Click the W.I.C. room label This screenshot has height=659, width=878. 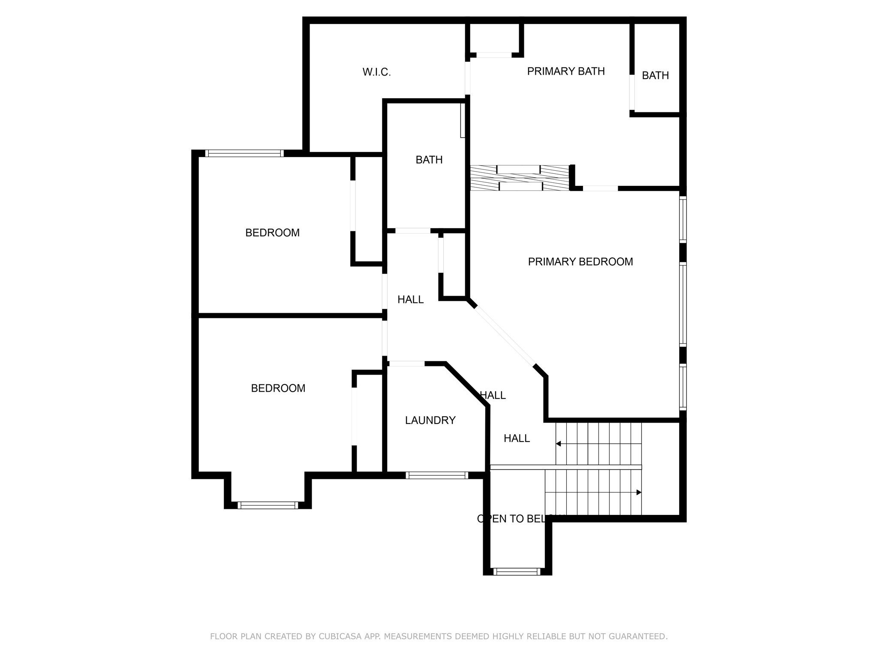[376, 72]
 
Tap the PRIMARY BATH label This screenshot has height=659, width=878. [565, 71]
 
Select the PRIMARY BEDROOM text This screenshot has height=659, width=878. [580, 262]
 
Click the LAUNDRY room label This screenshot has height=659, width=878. [430, 420]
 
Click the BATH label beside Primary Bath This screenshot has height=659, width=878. [655, 76]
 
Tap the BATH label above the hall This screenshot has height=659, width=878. [429, 160]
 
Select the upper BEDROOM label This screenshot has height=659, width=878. [272, 233]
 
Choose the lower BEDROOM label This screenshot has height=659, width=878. [278, 388]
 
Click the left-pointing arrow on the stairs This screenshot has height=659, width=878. [559, 444]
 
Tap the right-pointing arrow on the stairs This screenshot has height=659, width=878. [638, 493]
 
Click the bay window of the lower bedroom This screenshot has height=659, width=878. [268, 505]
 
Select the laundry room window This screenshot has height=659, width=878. [437, 475]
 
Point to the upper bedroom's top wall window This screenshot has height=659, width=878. [244, 153]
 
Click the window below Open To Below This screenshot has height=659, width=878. [517, 571]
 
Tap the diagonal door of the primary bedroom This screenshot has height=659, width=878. [505, 335]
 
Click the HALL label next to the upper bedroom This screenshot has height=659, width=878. [410, 300]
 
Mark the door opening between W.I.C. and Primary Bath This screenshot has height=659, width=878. [468, 78]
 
